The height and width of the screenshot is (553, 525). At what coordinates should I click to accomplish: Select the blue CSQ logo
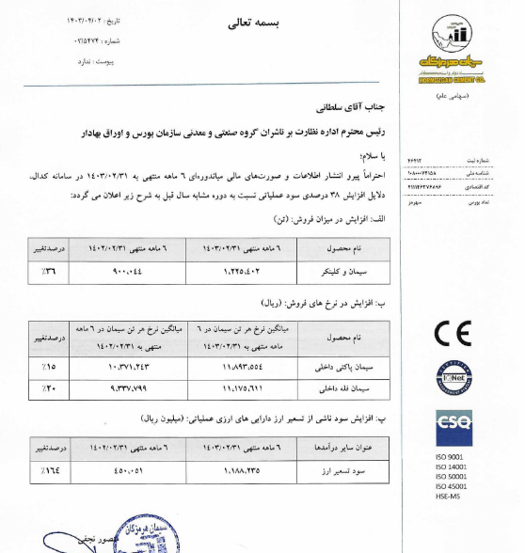(x=456, y=428)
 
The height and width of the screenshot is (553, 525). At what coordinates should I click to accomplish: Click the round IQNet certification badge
(x=456, y=379)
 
